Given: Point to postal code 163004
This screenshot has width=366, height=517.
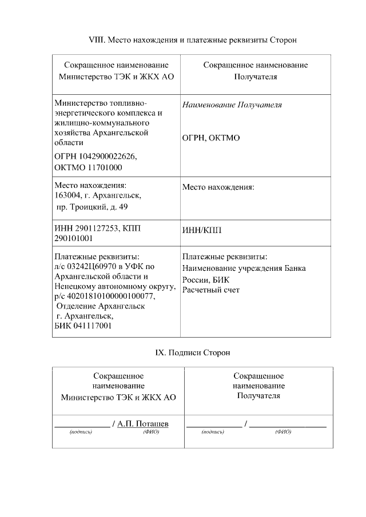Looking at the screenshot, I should (68, 196).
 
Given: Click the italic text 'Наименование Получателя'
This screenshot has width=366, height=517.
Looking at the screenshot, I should (232, 105).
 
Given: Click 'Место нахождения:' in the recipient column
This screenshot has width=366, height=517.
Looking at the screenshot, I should (218, 187).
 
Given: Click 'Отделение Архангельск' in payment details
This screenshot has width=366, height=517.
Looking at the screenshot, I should (101, 306).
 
